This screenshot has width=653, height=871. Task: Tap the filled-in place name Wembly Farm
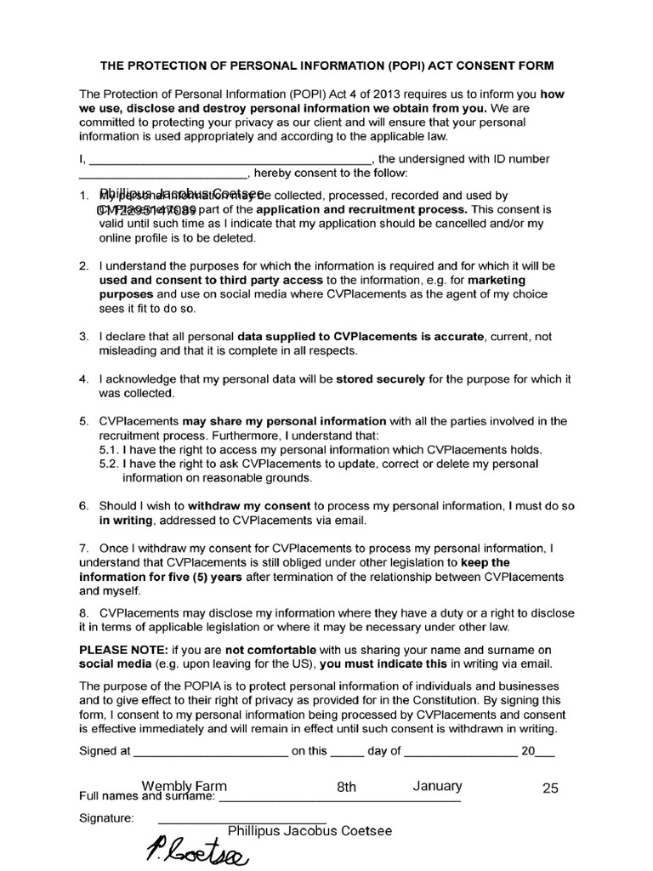click(184, 787)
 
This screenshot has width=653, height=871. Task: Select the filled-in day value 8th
click(346, 788)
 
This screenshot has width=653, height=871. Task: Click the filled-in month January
click(437, 787)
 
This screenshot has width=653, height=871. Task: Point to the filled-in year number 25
click(550, 788)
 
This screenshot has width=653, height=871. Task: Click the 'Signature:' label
click(106, 818)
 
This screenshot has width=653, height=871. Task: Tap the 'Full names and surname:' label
click(145, 797)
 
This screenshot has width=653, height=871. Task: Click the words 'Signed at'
click(105, 751)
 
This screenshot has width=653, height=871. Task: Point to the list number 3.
click(84, 337)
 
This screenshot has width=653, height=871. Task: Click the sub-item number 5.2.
click(109, 464)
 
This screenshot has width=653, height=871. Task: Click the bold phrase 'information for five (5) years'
click(161, 576)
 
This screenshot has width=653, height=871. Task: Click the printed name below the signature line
click(309, 831)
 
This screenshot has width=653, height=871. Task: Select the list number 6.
click(84, 505)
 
